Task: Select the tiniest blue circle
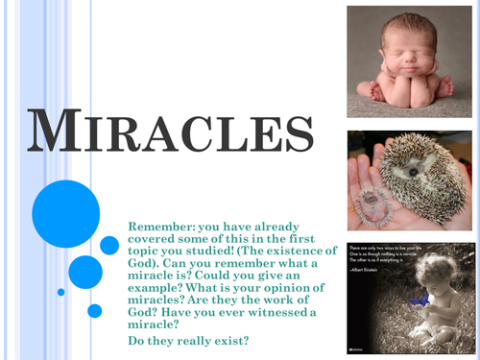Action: click(x=61, y=292)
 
